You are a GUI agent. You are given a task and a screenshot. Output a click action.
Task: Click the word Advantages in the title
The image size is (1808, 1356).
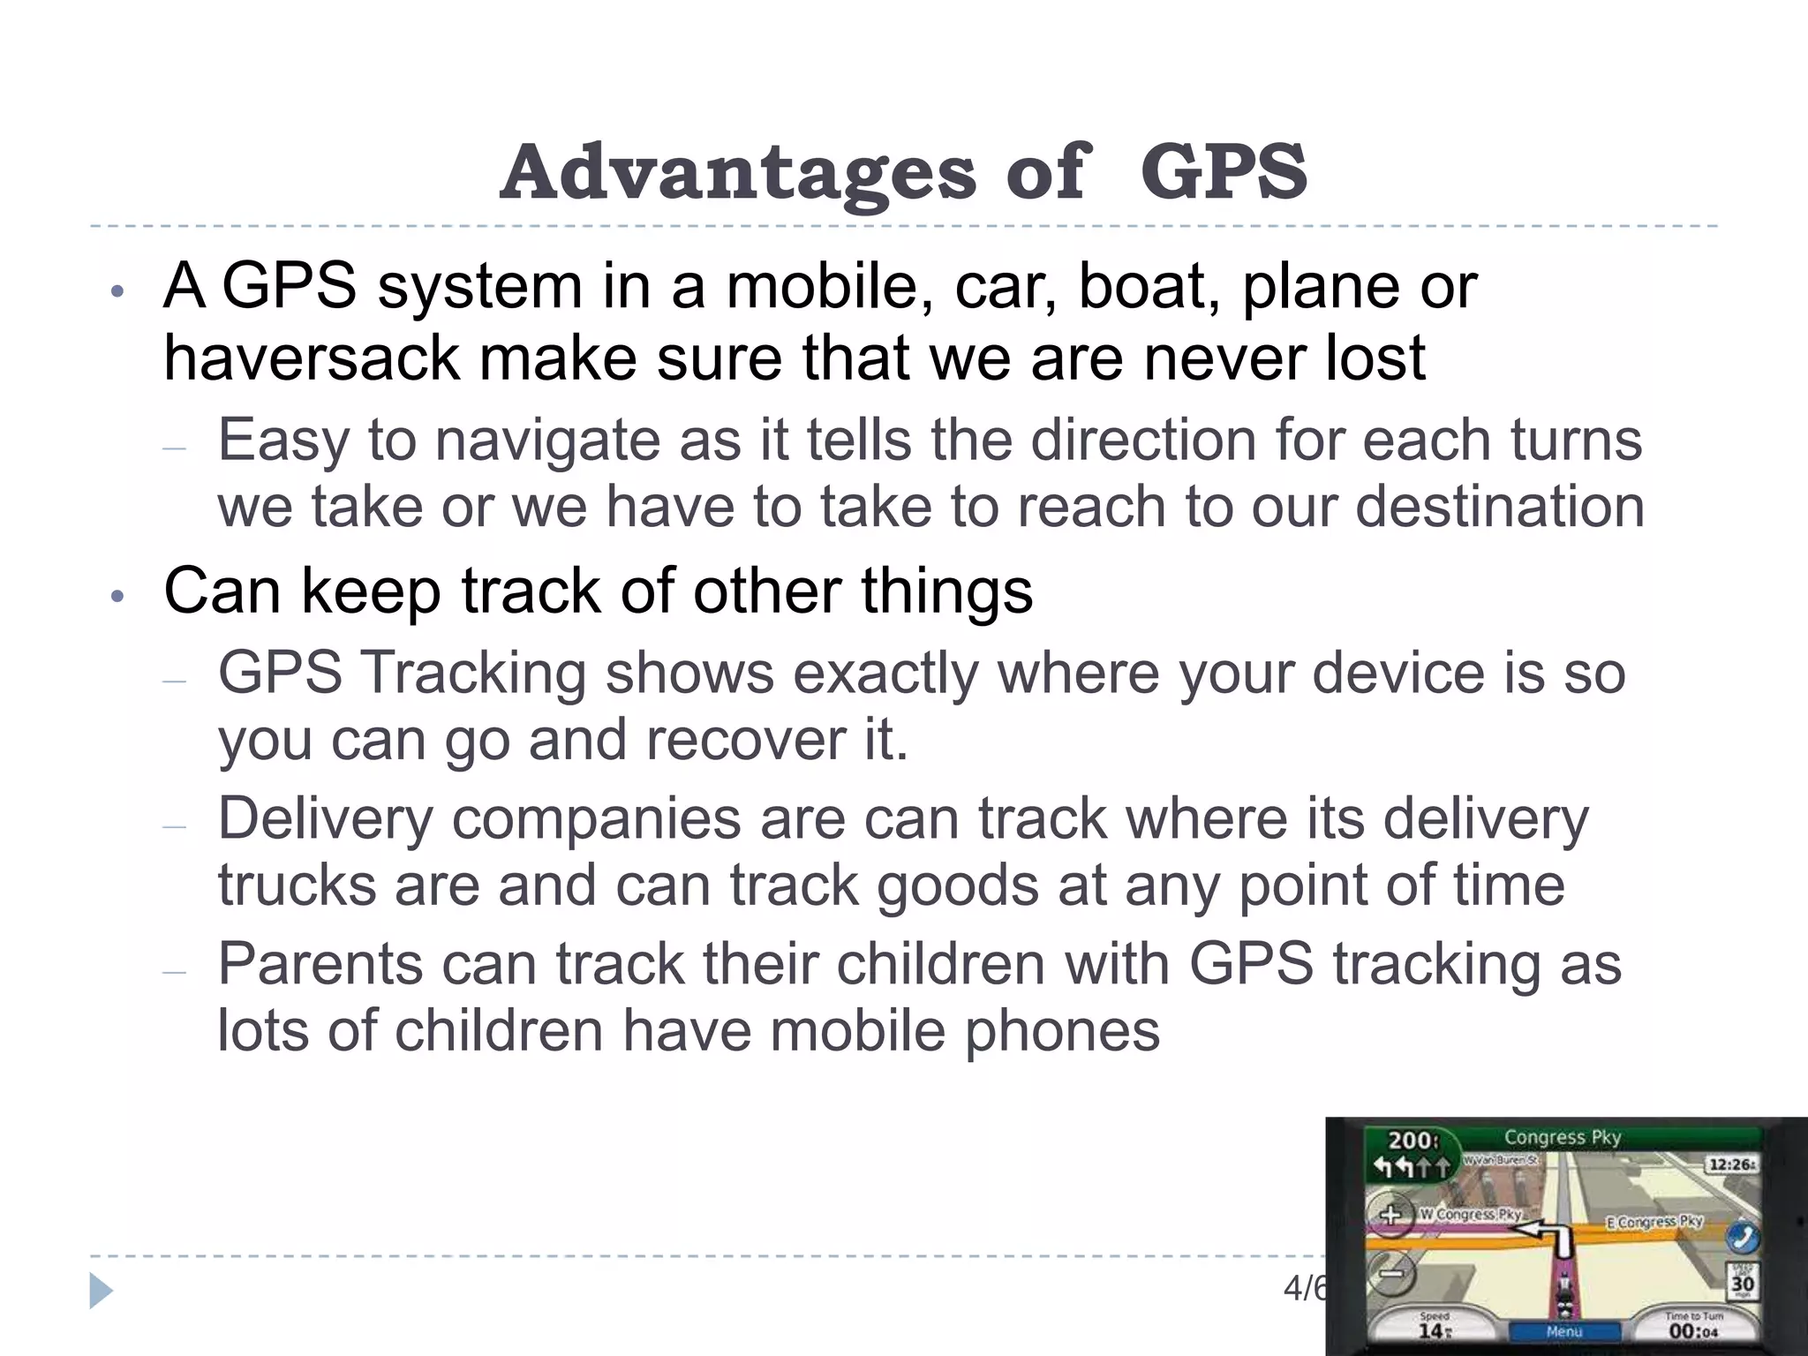coord(738,172)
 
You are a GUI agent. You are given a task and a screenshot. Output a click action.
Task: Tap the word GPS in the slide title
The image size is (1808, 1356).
coord(1223,172)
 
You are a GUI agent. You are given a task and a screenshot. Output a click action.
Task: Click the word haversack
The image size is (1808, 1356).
coord(311,358)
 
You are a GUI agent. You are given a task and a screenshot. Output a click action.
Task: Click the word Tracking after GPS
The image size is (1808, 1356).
coord(474,673)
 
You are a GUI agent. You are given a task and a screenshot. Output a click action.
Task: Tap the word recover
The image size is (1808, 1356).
coord(744,740)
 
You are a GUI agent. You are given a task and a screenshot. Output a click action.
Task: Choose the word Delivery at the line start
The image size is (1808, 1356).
coord(325,818)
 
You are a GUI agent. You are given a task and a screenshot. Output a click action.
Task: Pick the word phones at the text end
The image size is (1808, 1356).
coord(1061,1030)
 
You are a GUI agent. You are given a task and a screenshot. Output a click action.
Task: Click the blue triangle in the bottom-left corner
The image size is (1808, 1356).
coord(101,1292)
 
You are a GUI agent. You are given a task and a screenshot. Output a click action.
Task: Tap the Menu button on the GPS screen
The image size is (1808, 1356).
coord(1564,1330)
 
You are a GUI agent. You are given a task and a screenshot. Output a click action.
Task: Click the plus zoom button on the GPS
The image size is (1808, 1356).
coord(1390,1215)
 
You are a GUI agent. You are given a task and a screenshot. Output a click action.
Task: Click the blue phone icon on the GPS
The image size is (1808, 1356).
coord(1742,1238)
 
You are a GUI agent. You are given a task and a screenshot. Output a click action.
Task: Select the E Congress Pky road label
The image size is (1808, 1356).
coord(1654,1222)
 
